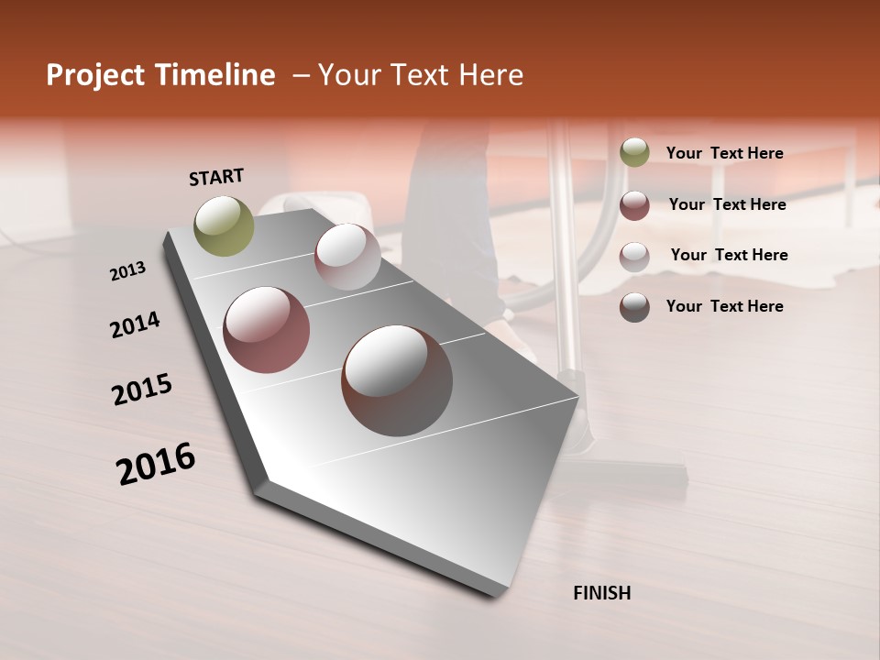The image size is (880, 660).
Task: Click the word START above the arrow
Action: (216, 177)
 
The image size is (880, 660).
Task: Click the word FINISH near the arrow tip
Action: (601, 593)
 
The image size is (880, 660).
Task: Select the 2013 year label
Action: (127, 271)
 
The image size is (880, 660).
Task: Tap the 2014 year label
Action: (135, 324)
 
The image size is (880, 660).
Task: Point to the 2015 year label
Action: (142, 390)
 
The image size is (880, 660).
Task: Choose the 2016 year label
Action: (156, 463)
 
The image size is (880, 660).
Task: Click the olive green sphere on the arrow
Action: (224, 225)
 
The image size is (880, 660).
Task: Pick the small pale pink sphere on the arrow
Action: (347, 257)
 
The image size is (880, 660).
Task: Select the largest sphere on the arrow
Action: (397, 379)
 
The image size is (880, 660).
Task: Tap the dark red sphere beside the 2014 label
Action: (267, 329)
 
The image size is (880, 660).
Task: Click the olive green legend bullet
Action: (634, 153)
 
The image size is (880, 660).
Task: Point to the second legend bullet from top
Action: (634, 205)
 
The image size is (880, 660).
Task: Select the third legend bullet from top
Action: (634, 257)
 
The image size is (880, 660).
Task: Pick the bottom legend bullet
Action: (634, 307)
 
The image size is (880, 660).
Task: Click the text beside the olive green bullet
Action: (724, 153)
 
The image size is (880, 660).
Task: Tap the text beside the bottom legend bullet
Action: (724, 306)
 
